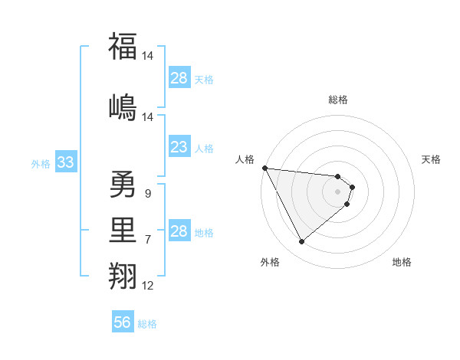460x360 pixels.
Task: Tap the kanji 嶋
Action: click(x=123, y=106)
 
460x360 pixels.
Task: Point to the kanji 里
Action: click(x=123, y=228)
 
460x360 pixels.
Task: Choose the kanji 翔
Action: click(x=123, y=274)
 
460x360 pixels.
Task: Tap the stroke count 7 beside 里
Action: click(x=148, y=240)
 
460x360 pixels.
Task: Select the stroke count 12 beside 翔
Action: click(x=148, y=286)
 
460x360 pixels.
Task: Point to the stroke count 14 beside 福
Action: click(x=148, y=56)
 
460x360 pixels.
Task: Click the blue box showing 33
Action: click(x=65, y=162)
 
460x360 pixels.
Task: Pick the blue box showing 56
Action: click(x=122, y=322)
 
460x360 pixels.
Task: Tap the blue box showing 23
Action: click(x=179, y=147)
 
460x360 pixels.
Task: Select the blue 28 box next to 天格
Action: click(x=179, y=78)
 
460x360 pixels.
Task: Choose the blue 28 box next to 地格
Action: click(x=179, y=231)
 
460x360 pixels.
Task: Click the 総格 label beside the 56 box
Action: click(x=147, y=324)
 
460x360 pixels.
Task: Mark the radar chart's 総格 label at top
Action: click(x=338, y=100)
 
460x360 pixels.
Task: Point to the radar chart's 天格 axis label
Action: click(x=432, y=159)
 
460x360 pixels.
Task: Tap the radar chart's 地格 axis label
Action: click(x=402, y=262)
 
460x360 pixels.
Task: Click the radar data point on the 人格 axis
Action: click(x=264, y=168)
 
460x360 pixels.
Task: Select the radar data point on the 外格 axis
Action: click(x=301, y=242)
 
